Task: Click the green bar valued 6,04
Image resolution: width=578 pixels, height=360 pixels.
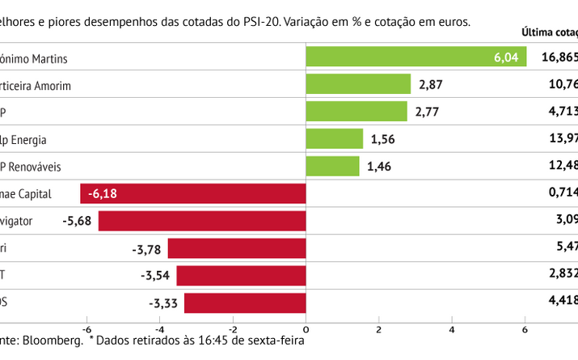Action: pyautogui.click(x=416, y=57)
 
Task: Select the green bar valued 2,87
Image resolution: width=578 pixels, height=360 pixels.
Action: pyautogui.click(x=359, y=84)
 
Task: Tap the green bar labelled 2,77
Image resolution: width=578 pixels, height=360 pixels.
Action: pyautogui.click(x=357, y=112)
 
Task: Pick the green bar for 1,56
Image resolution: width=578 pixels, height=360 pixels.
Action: pyautogui.click(x=335, y=139)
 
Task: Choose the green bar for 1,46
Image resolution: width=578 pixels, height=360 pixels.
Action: pyautogui.click(x=333, y=167)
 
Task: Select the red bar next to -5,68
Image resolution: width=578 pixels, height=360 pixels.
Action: pyautogui.click(x=202, y=221)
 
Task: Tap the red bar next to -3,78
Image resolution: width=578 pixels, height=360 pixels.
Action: pyautogui.click(x=237, y=248)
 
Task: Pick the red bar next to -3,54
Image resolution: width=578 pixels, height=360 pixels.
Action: pyautogui.click(x=241, y=276)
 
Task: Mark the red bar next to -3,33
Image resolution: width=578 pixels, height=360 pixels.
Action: pyautogui.click(x=245, y=303)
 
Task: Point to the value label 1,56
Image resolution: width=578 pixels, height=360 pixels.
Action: pyautogui.click(x=384, y=139)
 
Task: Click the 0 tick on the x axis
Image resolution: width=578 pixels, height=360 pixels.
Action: pyautogui.click(x=306, y=330)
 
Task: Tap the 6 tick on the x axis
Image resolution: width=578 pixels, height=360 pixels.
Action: pyautogui.click(x=525, y=330)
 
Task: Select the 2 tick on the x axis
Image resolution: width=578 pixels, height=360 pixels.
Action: pyautogui.click(x=379, y=330)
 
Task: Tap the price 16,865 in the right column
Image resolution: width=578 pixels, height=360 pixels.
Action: pyautogui.click(x=559, y=57)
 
